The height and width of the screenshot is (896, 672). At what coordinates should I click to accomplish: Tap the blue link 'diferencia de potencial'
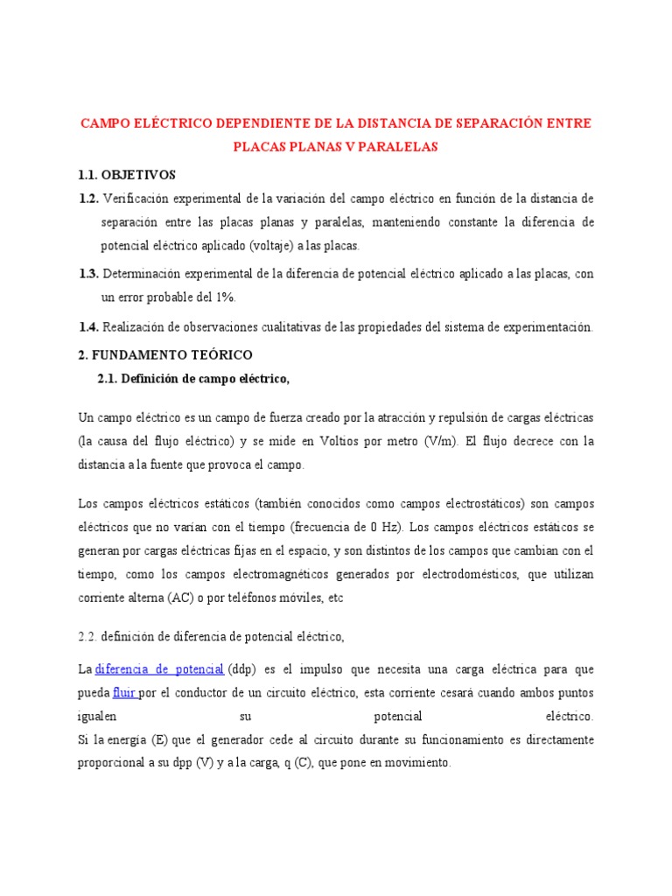pyautogui.click(x=159, y=669)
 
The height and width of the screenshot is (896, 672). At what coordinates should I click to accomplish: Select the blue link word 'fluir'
pyautogui.click(x=124, y=693)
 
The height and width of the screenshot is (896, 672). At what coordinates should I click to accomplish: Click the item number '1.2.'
pyautogui.click(x=88, y=199)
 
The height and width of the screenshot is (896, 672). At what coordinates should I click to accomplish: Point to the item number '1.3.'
pyautogui.click(x=88, y=274)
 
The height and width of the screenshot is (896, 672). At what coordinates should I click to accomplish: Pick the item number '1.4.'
pyautogui.click(x=88, y=326)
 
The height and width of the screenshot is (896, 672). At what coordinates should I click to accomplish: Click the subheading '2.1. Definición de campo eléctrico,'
pyautogui.click(x=192, y=378)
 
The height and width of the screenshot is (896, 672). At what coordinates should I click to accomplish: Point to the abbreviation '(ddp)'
pyautogui.click(x=243, y=669)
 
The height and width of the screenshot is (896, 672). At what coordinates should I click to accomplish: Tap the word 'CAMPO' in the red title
pyautogui.click(x=105, y=122)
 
